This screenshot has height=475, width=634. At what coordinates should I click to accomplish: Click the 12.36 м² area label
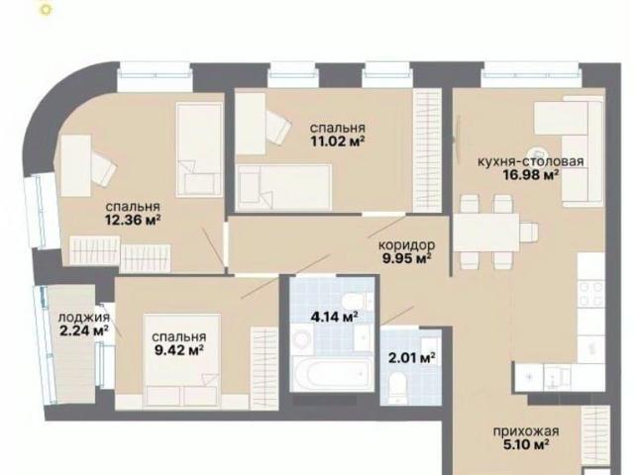pos(133,220)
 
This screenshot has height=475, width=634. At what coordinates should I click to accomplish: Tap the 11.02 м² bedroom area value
pos(338,142)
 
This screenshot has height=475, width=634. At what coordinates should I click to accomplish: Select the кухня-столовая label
pos(531,161)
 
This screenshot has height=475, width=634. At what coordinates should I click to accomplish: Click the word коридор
pos(407,244)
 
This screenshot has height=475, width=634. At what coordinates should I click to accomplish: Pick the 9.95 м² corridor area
pos(406,257)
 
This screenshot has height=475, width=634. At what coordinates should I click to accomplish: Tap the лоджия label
pos(83,318)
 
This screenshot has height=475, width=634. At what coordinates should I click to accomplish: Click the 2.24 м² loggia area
pos(83,331)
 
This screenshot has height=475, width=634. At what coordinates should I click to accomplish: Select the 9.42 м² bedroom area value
pos(178,350)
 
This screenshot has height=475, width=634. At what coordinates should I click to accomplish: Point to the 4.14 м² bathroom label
pos(334,317)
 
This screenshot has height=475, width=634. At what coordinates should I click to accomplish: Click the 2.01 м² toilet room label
pos(412,357)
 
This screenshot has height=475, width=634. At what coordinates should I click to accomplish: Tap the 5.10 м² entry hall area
pos(526,445)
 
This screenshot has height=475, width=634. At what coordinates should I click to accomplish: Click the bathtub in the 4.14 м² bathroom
pos(332,373)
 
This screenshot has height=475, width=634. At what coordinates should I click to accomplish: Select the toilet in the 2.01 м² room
pos(396,388)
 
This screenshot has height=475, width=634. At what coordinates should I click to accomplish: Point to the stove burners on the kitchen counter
pos(590,294)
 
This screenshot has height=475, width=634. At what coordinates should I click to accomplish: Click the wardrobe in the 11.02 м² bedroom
pos(427,150)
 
